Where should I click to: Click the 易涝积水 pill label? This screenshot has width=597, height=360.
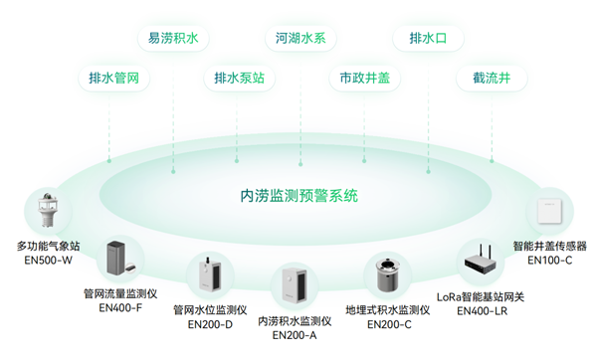pyautogui.click(x=173, y=39)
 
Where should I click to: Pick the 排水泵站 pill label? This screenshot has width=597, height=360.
pyautogui.click(x=239, y=78)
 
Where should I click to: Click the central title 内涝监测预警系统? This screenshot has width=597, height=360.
pyautogui.click(x=299, y=195)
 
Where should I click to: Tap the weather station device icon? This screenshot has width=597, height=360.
pyautogui.click(x=47, y=211)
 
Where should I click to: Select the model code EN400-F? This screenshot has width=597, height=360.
pyautogui.click(x=120, y=308)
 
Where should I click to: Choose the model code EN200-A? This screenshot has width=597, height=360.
pyautogui.click(x=294, y=335)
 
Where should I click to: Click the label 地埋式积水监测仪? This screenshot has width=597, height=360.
pyautogui.click(x=387, y=309)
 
